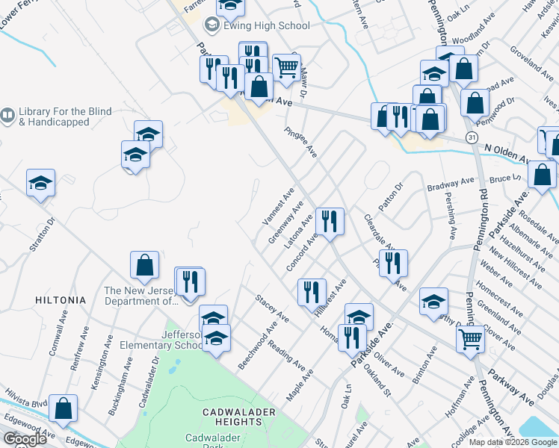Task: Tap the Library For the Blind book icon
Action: (x=7, y=116)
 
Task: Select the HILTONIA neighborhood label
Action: (x=61, y=299)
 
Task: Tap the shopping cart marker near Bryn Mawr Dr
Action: (x=286, y=67)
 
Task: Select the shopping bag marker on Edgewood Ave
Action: (x=64, y=408)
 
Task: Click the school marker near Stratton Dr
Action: (x=40, y=184)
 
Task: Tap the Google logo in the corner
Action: (x=24, y=439)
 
